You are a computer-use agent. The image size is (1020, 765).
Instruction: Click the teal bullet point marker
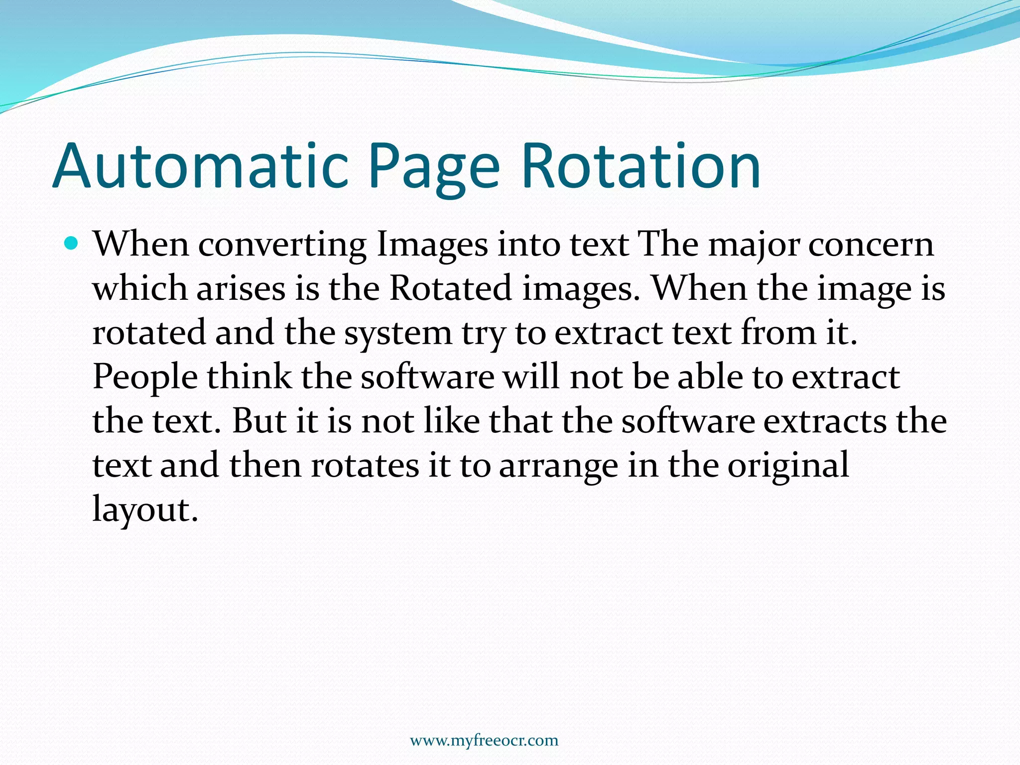(x=72, y=244)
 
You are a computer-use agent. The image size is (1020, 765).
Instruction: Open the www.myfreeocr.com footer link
(x=484, y=741)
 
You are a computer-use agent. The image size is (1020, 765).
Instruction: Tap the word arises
(x=241, y=289)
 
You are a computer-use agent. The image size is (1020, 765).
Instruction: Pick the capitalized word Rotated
(x=450, y=289)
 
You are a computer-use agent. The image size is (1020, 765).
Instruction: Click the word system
(x=398, y=334)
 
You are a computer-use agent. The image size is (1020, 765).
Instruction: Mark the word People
(x=145, y=378)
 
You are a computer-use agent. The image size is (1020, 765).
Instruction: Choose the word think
(x=249, y=377)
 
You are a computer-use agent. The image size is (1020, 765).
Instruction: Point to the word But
(x=259, y=421)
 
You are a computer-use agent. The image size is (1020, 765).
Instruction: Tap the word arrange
(x=558, y=466)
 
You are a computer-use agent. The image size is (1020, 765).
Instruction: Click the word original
(x=788, y=466)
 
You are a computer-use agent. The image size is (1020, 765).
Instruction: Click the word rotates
(x=366, y=465)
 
